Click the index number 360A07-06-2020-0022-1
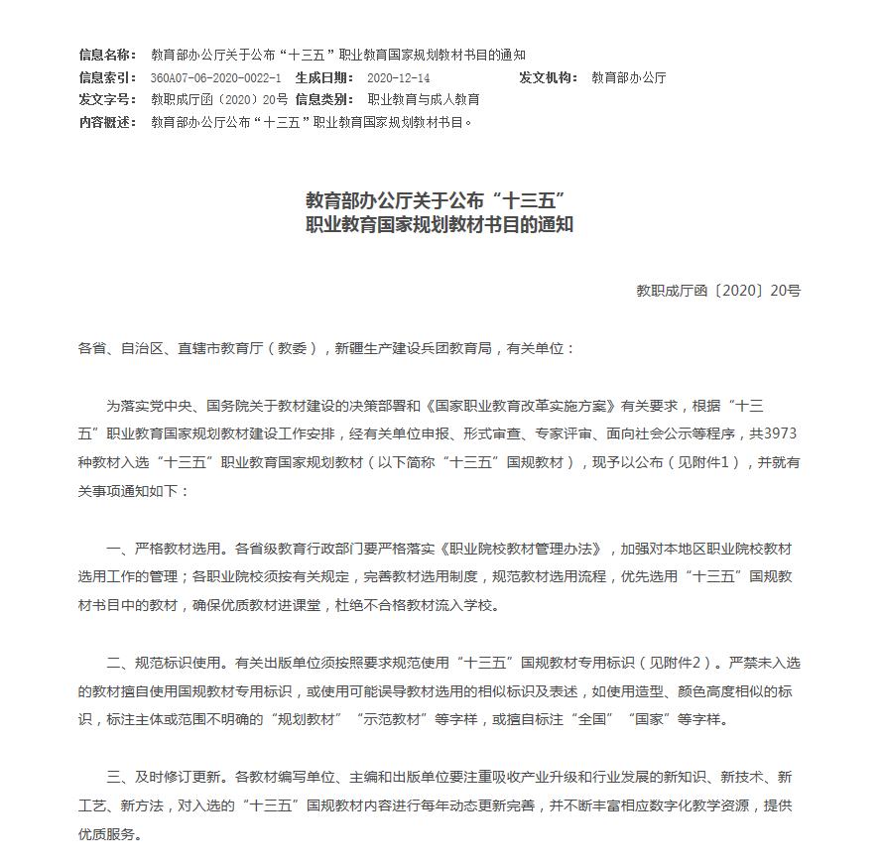215,77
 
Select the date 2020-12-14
397,77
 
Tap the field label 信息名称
107,55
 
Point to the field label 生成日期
323,77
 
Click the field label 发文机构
547,77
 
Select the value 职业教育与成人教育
424,99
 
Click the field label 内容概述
107,122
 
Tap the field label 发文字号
107,99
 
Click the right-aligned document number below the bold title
718,291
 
